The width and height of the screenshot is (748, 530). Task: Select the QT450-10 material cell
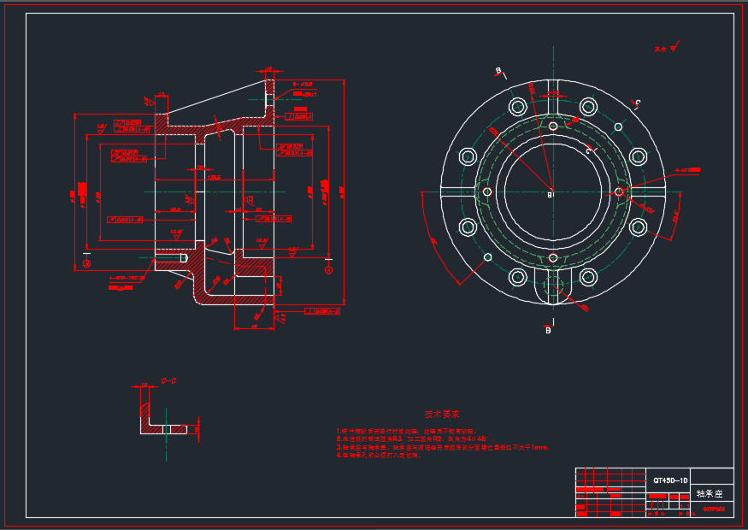click(x=670, y=481)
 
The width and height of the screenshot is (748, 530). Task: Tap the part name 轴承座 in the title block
click(x=710, y=494)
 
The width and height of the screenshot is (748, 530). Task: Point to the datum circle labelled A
click(x=86, y=264)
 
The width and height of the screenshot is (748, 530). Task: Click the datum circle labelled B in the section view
click(x=329, y=269)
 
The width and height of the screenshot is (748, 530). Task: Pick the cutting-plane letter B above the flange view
click(x=498, y=70)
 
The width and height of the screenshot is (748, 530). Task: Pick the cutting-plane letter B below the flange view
click(x=548, y=330)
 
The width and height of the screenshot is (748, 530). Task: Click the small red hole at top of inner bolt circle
click(x=553, y=126)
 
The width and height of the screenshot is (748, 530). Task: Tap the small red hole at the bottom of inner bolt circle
click(x=553, y=257)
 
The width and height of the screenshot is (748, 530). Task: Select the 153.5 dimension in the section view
click(x=213, y=178)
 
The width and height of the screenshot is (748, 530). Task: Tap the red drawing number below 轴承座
click(x=713, y=509)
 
